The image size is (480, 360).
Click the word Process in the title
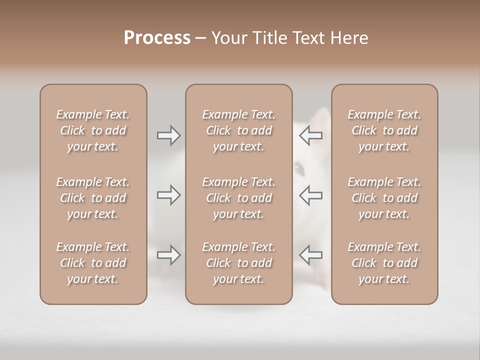point(157,38)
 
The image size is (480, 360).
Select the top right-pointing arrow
point(168,135)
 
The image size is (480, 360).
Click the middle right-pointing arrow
point(168,195)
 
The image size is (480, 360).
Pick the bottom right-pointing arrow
point(168,255)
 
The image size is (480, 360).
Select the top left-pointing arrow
point(311,135)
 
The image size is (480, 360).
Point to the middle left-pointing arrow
point(311,195)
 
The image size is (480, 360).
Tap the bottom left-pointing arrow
point(311,255)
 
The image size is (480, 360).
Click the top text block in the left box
point(93,130)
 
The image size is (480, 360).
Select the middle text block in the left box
point(93,198)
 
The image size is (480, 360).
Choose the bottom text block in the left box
point(93,263)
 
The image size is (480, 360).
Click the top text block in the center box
point(238,130)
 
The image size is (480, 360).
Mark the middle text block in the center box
point(238,198)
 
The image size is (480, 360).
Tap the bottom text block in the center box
point(238,263)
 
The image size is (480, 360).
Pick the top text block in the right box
point(384,130)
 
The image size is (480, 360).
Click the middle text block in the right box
point(384,198)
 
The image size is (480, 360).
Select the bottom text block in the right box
point(384,263)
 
